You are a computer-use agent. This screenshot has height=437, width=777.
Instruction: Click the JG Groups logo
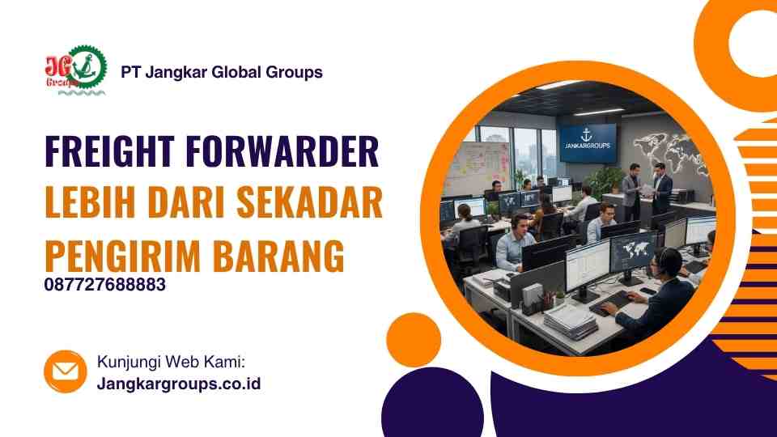(x=75, y=71)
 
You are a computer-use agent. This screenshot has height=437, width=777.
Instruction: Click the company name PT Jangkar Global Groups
(x=221, y=72)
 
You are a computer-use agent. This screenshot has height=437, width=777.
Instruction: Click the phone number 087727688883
(x=105, y=285)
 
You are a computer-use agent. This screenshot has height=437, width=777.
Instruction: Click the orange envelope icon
(x=66, y=371)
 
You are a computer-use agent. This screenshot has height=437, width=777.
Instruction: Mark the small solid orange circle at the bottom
(x=414, y=339)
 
